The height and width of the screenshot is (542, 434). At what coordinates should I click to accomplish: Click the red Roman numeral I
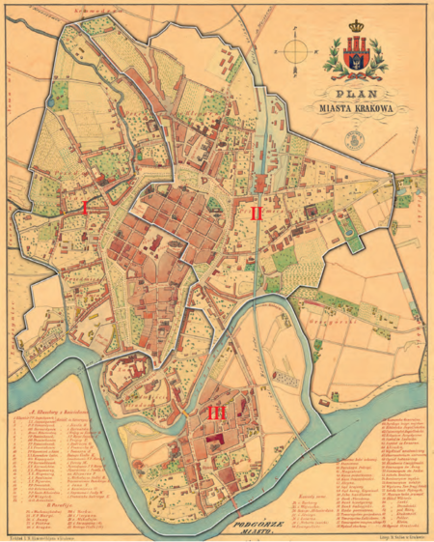coord(85,207)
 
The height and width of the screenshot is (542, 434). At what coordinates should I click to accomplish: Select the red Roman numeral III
coord(218,413)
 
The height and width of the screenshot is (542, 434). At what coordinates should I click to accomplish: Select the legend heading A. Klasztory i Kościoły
coord(59,409)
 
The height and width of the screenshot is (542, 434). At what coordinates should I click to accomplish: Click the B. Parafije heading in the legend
coord(35,502)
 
